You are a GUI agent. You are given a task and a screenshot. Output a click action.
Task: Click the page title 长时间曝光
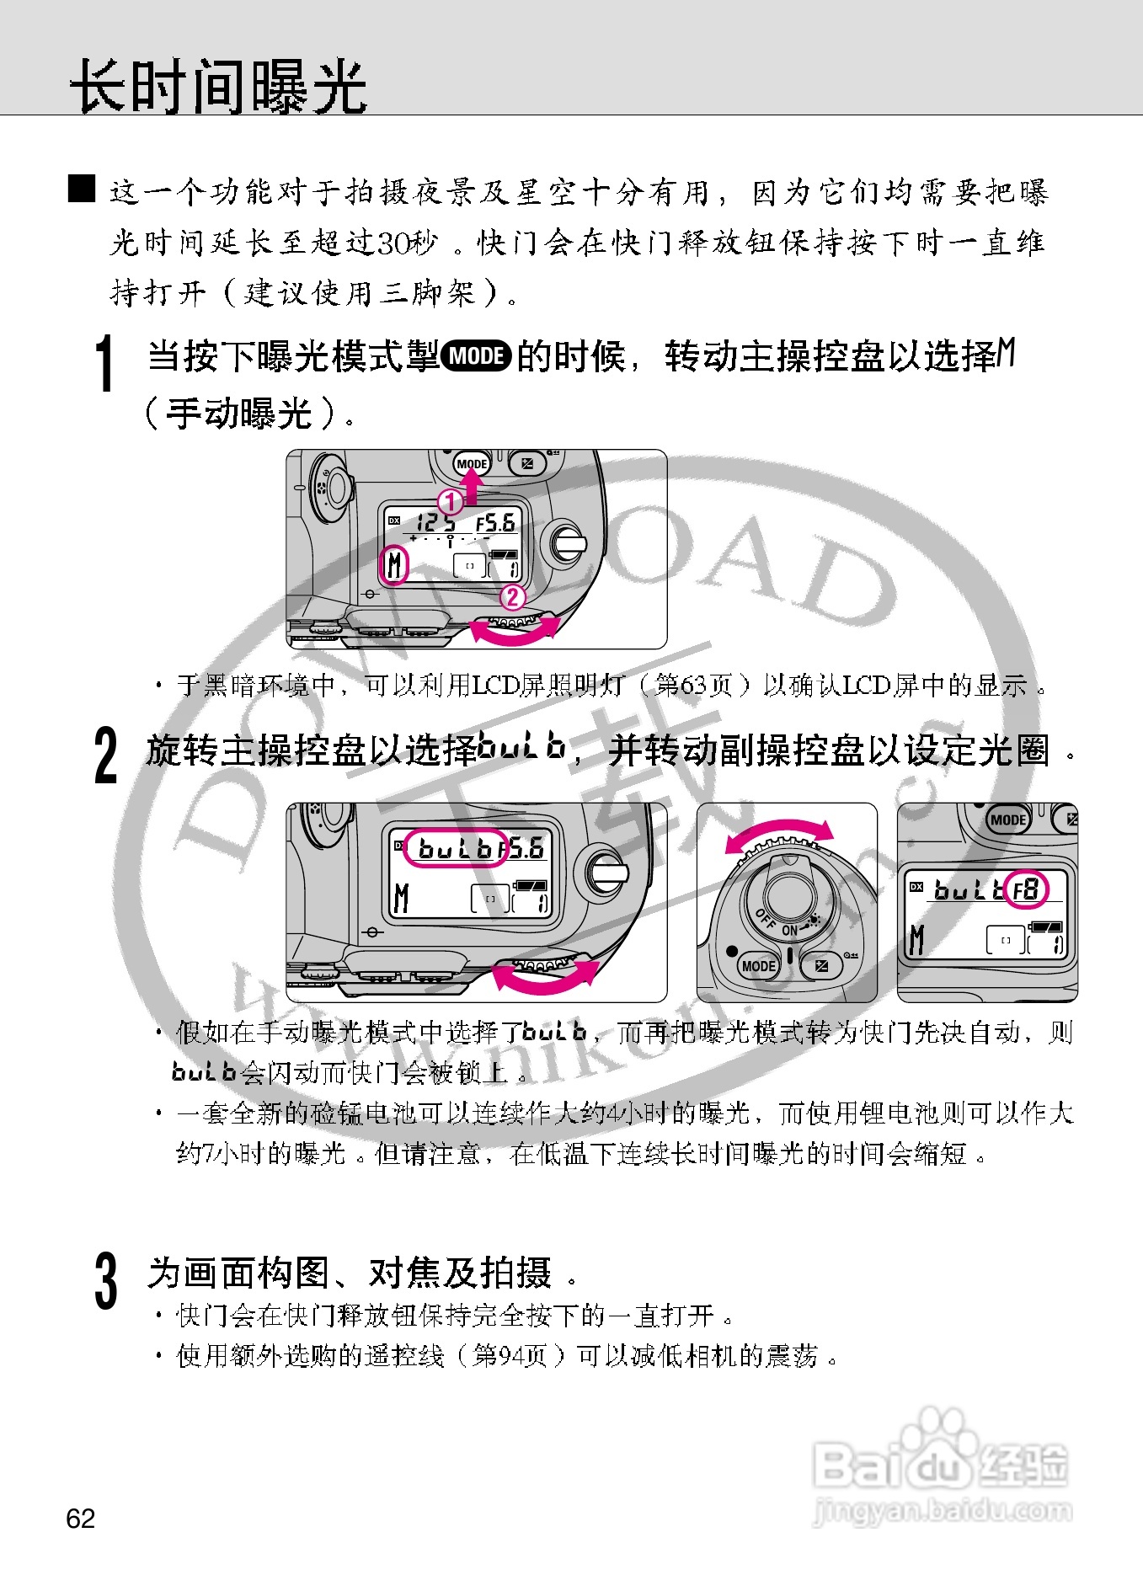pyautogui.click(x=217, y=86)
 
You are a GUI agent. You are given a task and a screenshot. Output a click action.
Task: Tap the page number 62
pyautogui.click(x=81, y=1518)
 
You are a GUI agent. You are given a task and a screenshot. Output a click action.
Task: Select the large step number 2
pyautogui.click(x=106, y=756)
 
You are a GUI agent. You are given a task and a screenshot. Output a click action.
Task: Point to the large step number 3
pyautogui.click(x=106, y=1280)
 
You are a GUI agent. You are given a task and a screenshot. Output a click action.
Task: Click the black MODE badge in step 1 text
pyautogui.click(x=476, y=356)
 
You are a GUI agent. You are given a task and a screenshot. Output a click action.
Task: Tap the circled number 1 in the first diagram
pyautogui.click(x=451, y=502)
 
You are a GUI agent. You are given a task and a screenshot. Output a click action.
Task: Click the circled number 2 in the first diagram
pyautogui.click(x=512, y=597)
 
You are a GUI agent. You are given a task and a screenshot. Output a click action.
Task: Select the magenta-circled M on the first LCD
pyautogui.click(x=394, y=565)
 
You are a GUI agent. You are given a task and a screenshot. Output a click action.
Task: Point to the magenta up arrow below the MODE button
pyautogui.click(x=473, y=486)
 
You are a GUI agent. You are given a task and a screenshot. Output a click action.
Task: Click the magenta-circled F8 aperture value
pyautogui.click(x=1026, y=889)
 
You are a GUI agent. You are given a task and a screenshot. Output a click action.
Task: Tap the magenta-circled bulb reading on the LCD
pyautogui.click(x=455, y=848)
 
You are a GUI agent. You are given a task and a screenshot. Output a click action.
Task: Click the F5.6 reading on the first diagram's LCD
pyautogui.click(x=495, y=523)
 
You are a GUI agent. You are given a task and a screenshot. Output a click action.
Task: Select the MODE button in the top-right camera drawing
pyautogui.click(x=1007, y=820)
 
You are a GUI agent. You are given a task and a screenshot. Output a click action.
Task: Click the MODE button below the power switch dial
pyautogui.click(x=758, y=966)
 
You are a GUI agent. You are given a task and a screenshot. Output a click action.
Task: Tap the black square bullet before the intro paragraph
pyautogui.click(x=82, y=189)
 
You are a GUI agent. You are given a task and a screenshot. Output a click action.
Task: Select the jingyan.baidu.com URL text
pyautogui.click(x=943, y=1511)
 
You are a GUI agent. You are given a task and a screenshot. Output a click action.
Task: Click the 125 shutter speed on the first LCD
pyautogui.click(x=435, y=523)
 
